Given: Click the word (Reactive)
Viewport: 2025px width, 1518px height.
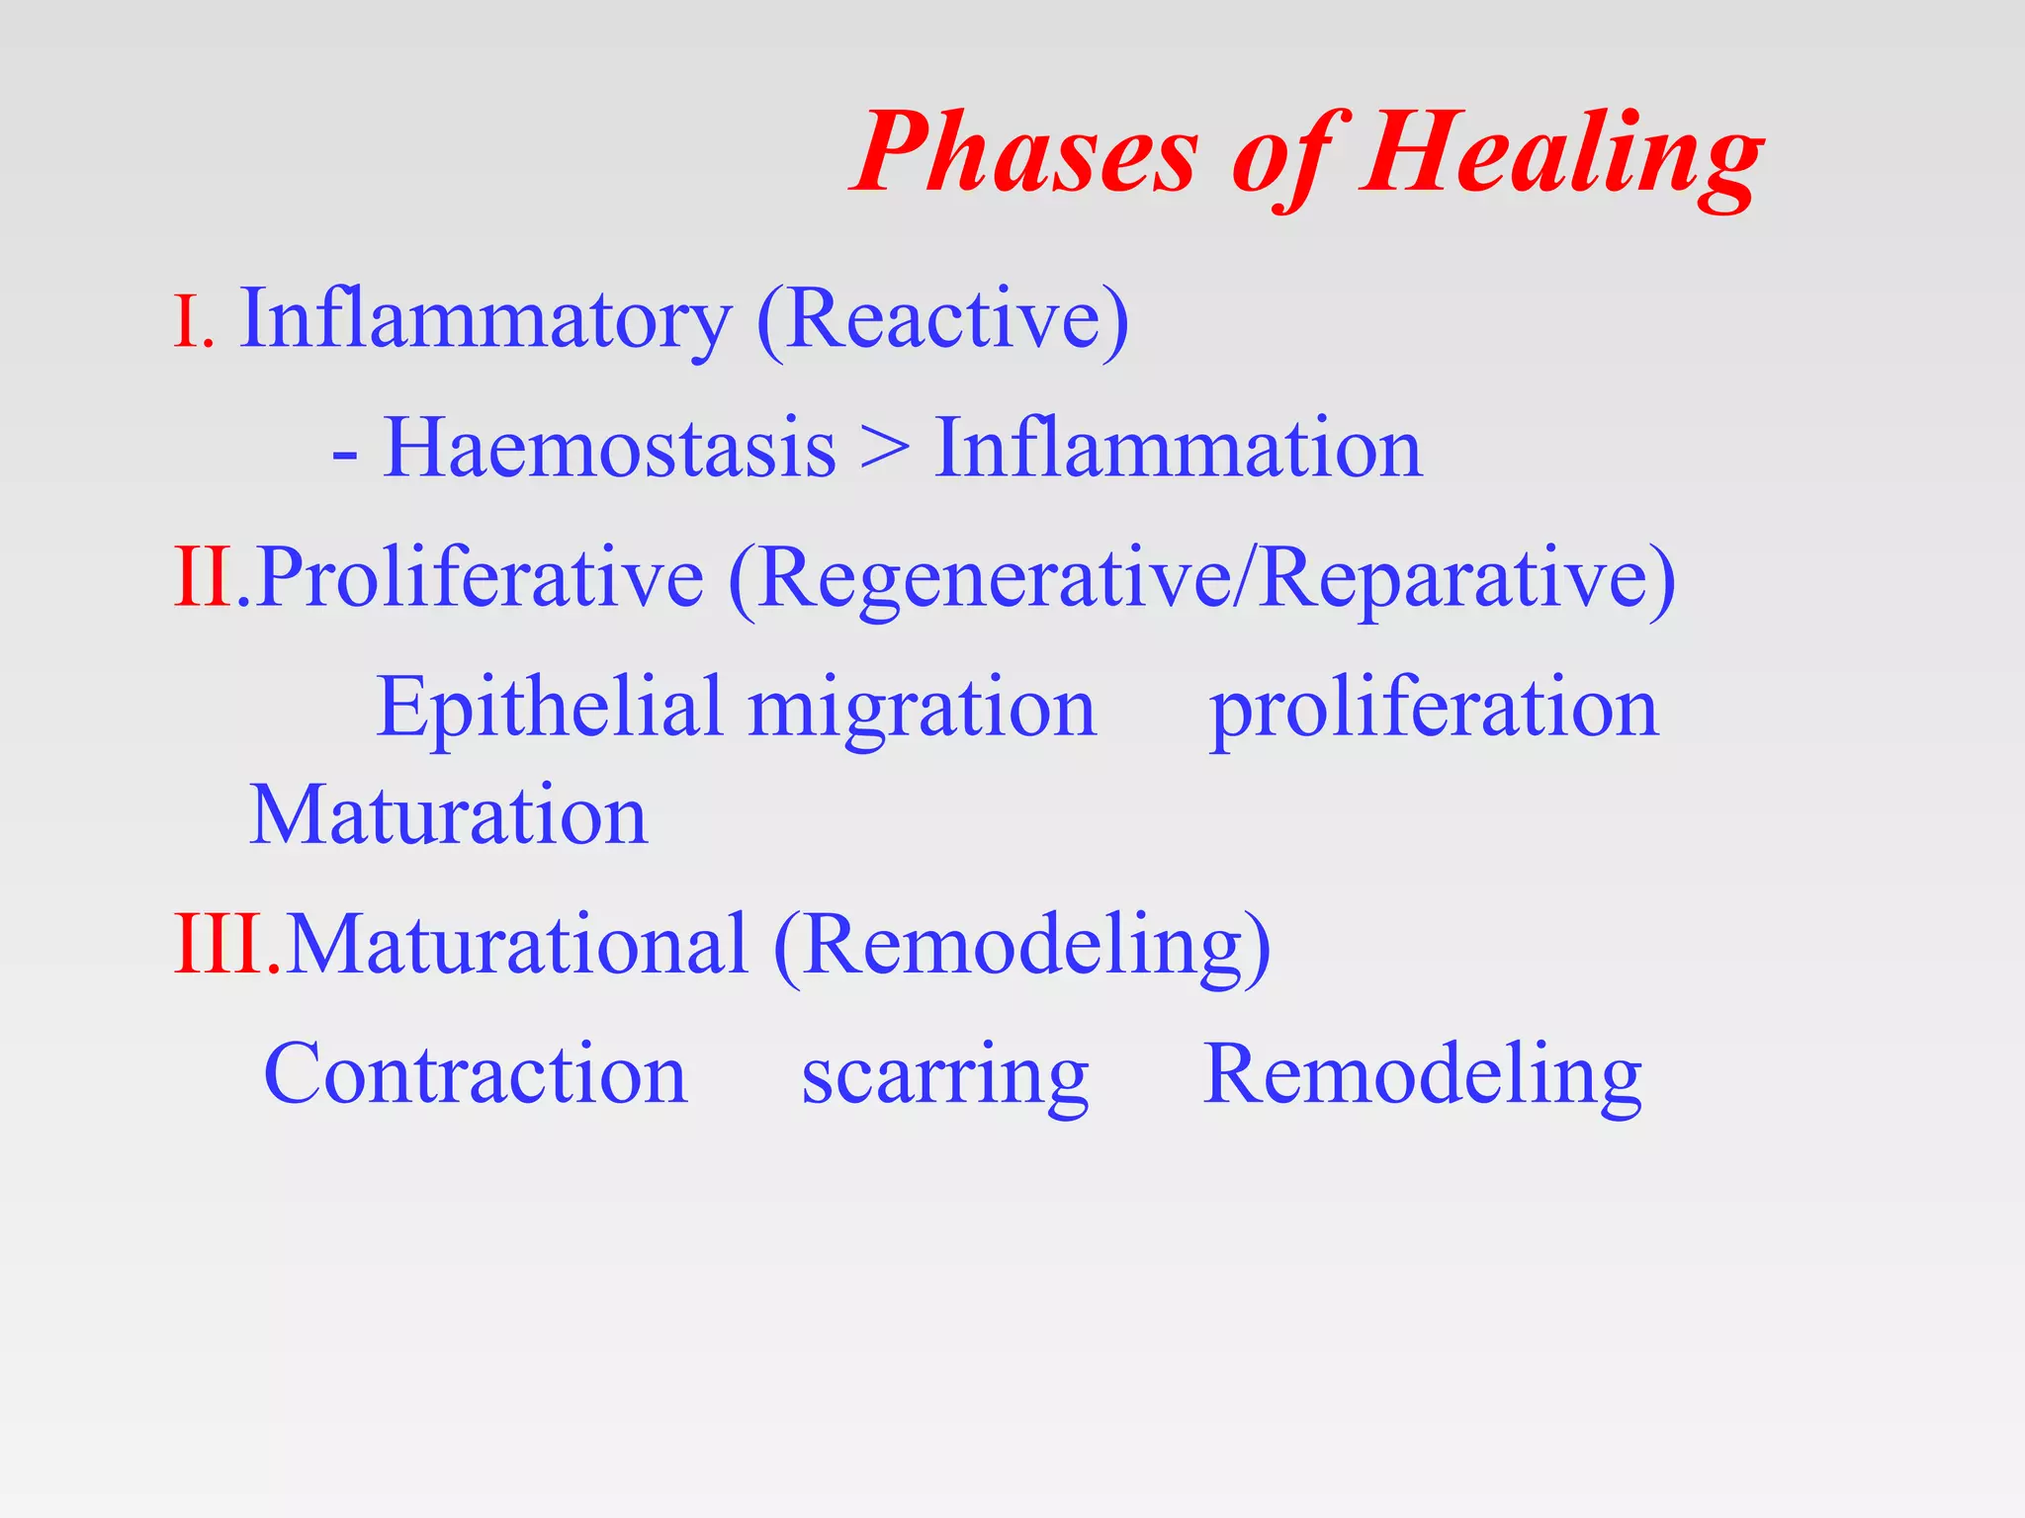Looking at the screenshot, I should [x=941, y=320].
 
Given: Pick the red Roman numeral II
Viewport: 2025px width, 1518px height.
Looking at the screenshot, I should [x=204, y=578].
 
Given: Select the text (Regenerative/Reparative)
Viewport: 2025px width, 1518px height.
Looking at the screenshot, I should [x=1201, y=580].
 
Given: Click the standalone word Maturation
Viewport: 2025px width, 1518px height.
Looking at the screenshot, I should [x=448, y=816].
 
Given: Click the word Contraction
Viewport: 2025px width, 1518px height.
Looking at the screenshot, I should [x=475, y=1075].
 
